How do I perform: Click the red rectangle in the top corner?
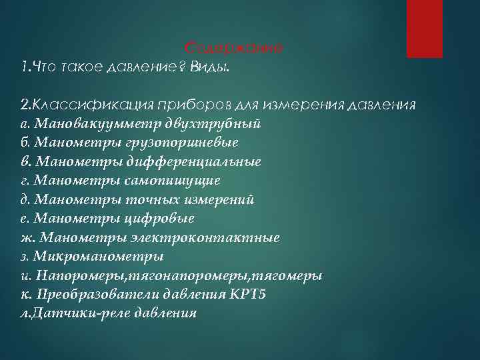[x=424, y=28]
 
